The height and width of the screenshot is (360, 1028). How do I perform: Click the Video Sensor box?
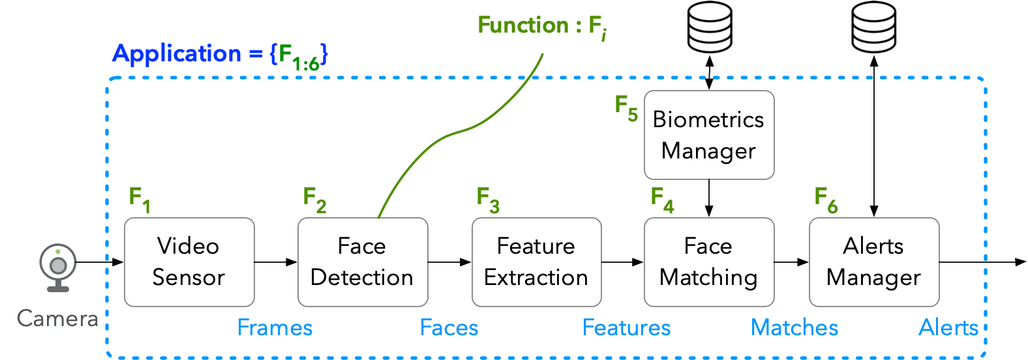[x=189, y=262]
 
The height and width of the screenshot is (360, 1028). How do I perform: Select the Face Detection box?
[x=363, y=262]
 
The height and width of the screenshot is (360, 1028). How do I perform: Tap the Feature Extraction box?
[x=536, y=262]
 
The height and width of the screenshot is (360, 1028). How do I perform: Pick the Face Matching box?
[x=709, y=262]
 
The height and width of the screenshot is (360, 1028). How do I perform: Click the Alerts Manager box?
[x=874, y=262]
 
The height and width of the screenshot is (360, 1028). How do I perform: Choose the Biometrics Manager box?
[x=709, y=135]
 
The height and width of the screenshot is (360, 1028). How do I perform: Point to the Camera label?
[x=57, y=318]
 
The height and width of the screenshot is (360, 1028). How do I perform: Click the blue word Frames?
[x=275, y=327]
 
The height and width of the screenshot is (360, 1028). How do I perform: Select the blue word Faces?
[x=449, y=327]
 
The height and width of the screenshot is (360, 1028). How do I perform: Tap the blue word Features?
[x=626, y=327]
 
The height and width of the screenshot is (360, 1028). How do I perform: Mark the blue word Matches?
[x=794, y=327]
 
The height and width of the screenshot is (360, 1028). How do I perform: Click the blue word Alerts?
[x=948, y=327]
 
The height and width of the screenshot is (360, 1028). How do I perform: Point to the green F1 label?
[x=140, y=199]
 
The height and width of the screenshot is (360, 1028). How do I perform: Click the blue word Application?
[x=177, y=53]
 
